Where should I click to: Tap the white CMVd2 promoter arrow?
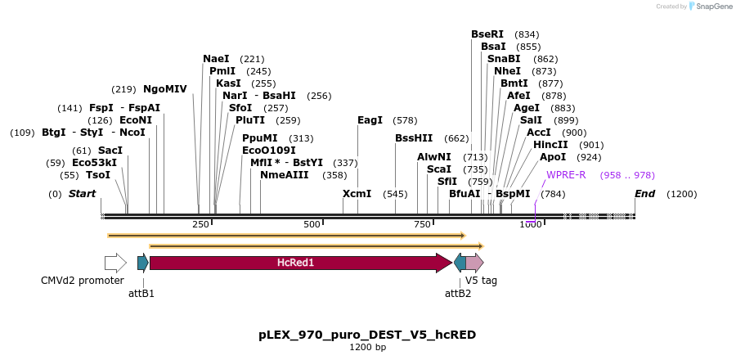click(x=115, y=263)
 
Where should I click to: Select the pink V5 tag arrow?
click(x=474, y=263)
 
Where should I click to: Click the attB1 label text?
click(x=141, y=292)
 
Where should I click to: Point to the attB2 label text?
click(x=458, y=292)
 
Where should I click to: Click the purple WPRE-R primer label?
click(x=566, y=175)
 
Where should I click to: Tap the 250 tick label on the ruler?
click(x=200, y=224)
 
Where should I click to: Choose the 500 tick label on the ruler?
click(x=312, y=224)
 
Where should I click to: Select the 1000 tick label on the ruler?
click(x=530, y=224)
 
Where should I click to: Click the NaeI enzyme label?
click(x=216, y=59)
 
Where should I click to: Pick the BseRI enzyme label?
click(x=487, y=34)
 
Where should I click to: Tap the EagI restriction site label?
click(x=370, y=120)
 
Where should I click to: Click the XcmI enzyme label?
click(x=357, y=194)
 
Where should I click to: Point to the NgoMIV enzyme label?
click(x=165, y=89)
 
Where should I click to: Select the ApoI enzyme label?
click(x=553, y=157)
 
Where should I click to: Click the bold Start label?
click(x=82, y=194)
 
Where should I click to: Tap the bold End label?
click(x=645, y=194)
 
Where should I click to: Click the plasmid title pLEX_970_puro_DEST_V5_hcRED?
click(x=367, y=335)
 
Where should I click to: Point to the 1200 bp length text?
click(x=367, y=348)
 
